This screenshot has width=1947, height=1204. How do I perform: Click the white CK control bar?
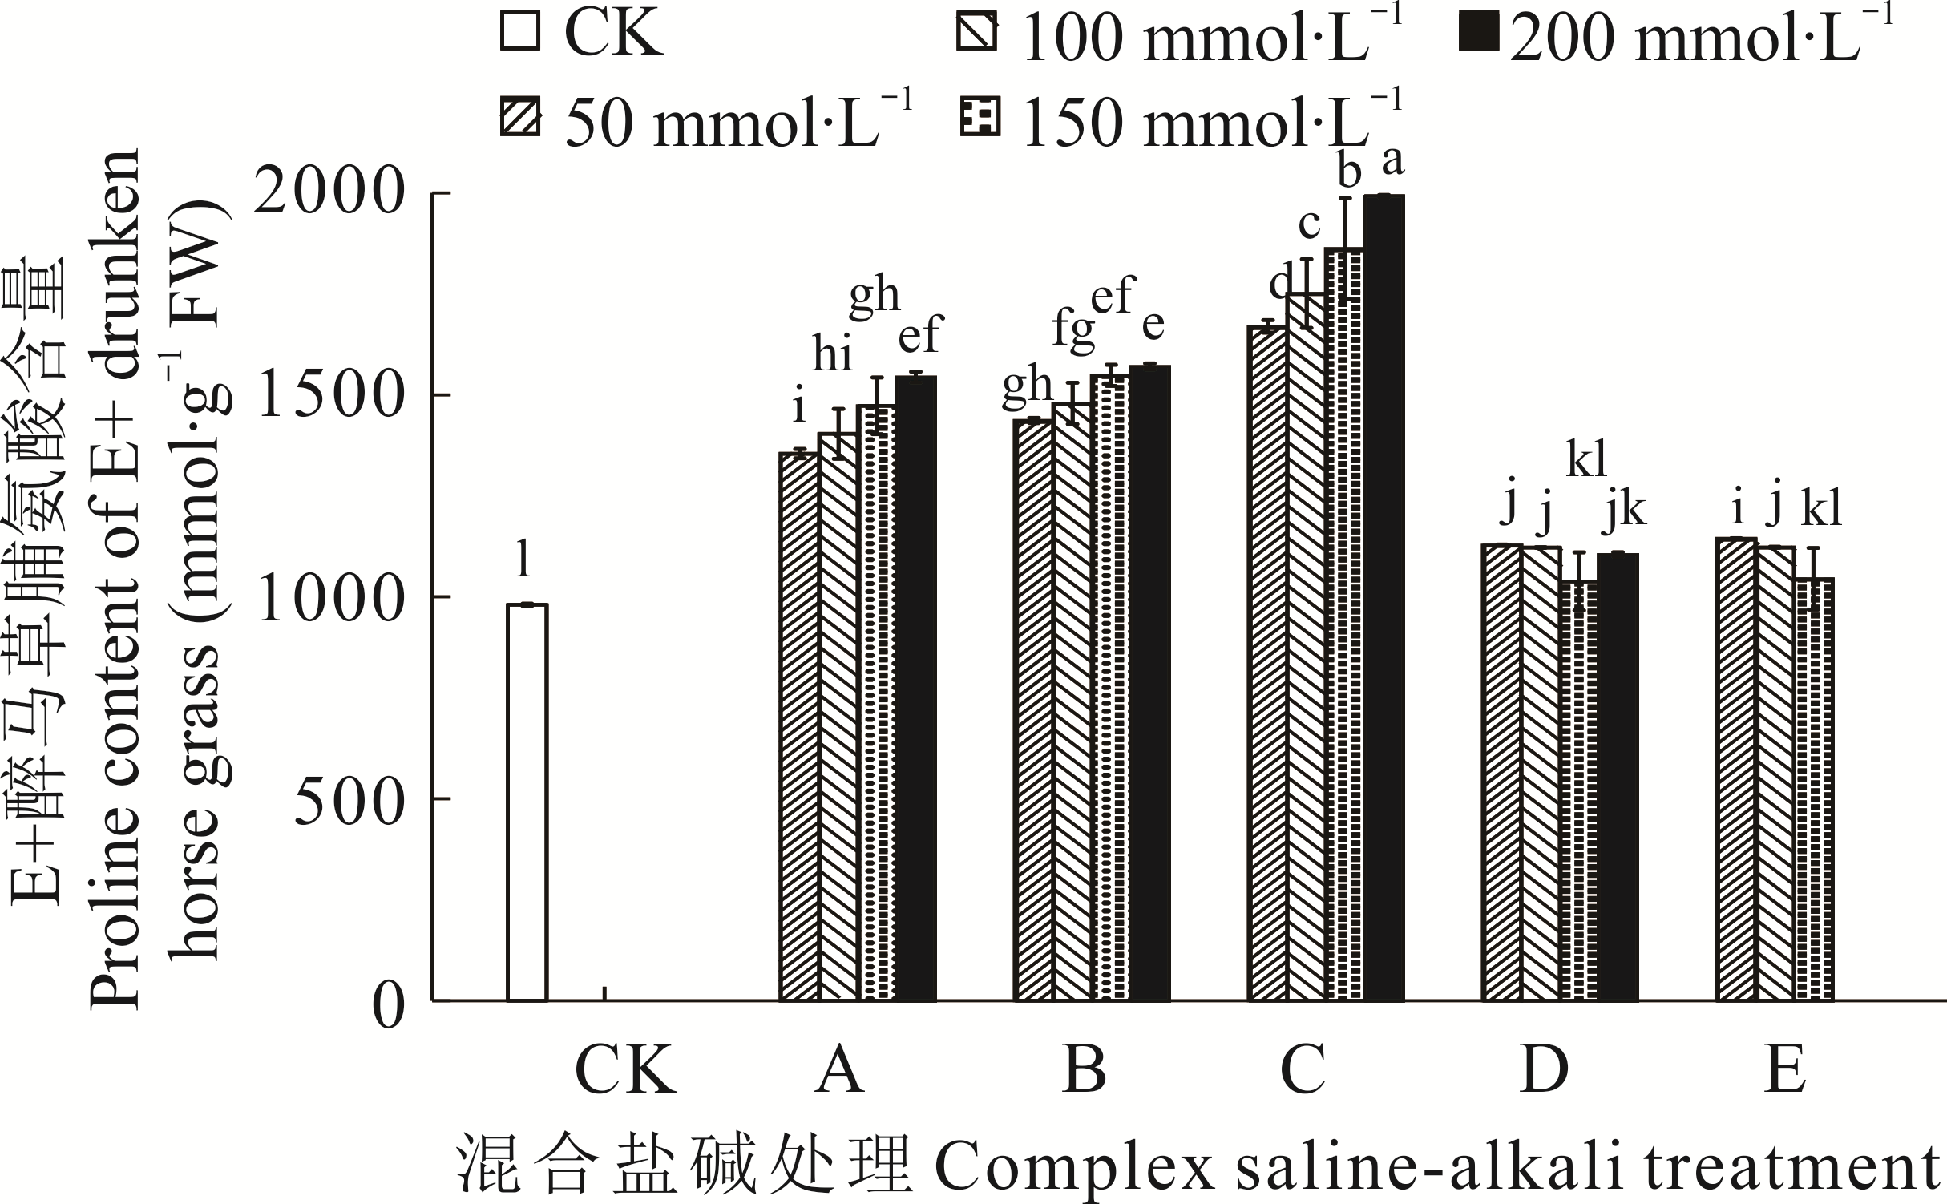tap(527, 802)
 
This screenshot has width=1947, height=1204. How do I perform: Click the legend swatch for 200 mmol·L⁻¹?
tap(1478, 37)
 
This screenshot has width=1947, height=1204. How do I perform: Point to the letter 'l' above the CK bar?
tap(523, 559)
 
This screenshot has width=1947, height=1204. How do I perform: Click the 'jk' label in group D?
tap(1624, 511)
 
